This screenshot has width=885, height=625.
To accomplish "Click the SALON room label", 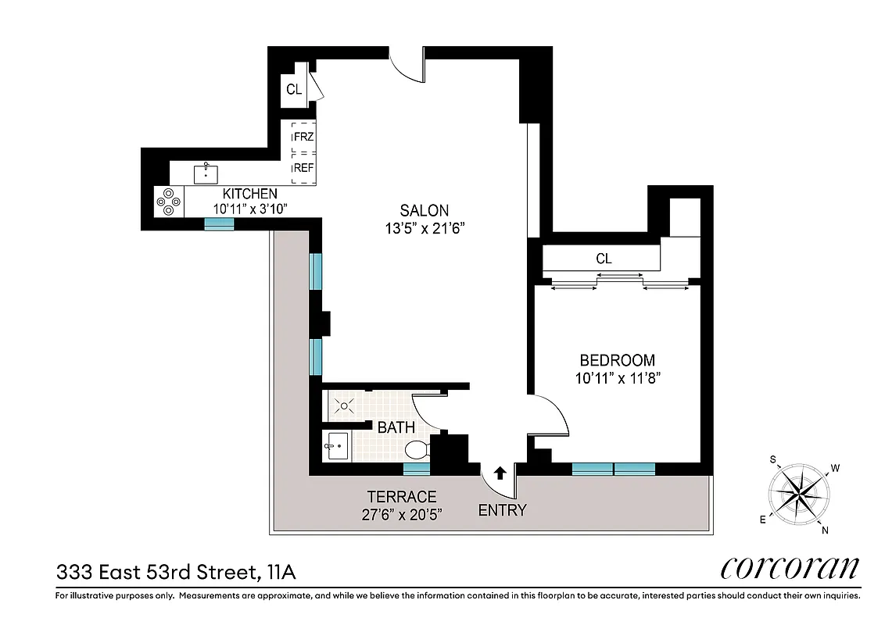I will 425,210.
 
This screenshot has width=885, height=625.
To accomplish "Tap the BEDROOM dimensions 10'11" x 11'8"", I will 617,377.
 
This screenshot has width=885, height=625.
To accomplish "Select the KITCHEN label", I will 249,194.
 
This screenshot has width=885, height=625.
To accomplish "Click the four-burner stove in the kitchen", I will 168,202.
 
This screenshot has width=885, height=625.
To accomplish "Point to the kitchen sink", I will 206,171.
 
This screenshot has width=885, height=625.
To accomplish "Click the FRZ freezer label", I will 303,137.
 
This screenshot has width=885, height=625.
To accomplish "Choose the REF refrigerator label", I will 303,168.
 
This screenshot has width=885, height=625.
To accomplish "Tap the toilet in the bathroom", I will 417,450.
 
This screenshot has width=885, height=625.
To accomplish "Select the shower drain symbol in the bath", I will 343,405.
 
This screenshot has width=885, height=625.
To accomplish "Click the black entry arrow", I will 500,472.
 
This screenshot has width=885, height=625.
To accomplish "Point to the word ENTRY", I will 502,511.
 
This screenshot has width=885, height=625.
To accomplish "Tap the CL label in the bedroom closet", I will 604,259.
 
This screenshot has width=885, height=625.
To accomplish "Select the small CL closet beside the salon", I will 294,90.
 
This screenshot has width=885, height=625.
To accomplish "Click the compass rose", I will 799,495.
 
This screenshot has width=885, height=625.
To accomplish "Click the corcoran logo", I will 790,568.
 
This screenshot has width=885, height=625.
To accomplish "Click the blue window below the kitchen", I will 219,224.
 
